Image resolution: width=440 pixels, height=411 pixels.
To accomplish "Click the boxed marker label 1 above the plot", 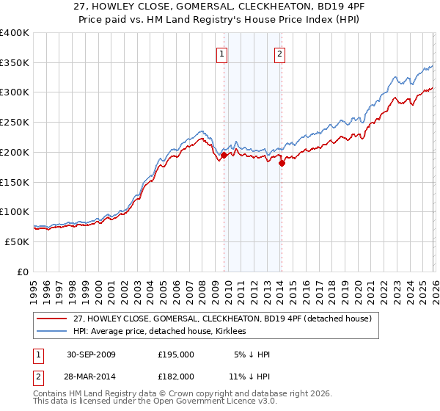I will coord(221,53).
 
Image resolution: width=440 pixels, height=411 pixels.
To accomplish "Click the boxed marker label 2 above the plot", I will coord(280,53).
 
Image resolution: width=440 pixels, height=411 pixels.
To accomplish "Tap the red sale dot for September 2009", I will coord(224,155).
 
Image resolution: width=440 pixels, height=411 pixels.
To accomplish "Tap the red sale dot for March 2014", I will coord(282,163).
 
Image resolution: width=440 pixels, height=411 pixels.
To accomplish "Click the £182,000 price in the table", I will coord(176,376).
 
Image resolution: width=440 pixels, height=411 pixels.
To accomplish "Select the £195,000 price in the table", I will coord(176,354).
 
